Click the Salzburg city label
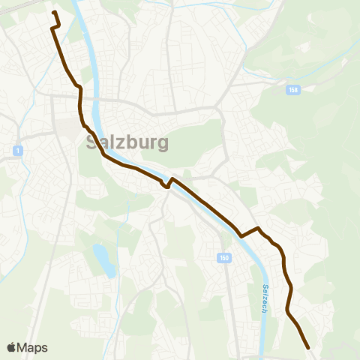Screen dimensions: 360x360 (127, 142)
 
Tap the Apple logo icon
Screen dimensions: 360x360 (11, 347)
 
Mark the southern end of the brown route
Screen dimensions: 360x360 (308, 347)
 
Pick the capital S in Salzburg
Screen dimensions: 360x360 (93, 142)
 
